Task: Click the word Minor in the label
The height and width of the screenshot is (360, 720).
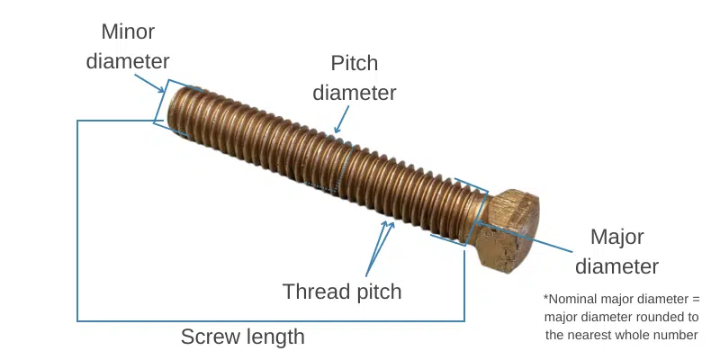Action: (x=127, y=32)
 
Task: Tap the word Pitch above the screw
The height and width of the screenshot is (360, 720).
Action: (x=355, y=64)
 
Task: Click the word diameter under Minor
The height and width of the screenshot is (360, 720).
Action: (x=127, y=62)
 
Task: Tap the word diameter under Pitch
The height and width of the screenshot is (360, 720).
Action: (x=355, y=93)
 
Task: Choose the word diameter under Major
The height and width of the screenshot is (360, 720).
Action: (x=616, y=267)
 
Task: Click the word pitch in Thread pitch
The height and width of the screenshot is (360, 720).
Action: (x=376, y=292)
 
